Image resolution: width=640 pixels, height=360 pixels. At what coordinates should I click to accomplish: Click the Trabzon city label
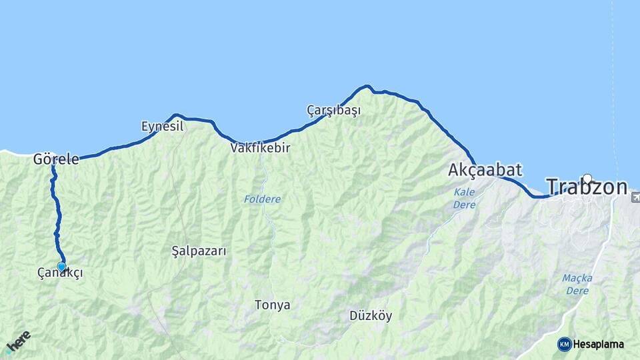(x=587, y=187)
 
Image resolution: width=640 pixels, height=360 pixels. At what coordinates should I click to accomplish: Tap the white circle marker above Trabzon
(x=587, y=178)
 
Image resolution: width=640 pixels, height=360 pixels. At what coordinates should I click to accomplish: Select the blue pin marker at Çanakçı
(x=61, y=267)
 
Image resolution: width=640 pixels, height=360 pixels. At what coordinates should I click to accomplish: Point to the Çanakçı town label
(x=61, y=273)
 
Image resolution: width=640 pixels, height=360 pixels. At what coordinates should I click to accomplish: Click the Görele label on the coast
(x=56, y=159)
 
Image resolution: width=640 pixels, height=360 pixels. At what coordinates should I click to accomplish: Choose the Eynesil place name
(x=162, y=126)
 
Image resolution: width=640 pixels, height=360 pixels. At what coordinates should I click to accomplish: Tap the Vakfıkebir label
(x=260, y=148)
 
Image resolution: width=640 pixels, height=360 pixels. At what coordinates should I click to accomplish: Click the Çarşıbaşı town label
(x=333, y=110)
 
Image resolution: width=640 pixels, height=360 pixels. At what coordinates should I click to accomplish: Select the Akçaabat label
(x=485, y=170)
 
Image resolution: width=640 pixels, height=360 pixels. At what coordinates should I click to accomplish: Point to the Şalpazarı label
(x=199, y=251)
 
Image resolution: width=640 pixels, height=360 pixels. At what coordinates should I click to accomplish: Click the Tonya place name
(x=272, y=305)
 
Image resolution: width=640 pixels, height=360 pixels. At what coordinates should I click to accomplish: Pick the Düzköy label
(x=371, y=315)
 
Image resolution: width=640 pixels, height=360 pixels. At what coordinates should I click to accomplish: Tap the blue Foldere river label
(x=262, y=199)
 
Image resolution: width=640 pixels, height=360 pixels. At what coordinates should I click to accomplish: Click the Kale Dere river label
(x=464, y=198)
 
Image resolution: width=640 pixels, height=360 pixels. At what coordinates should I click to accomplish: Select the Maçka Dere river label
(x=577, y=284)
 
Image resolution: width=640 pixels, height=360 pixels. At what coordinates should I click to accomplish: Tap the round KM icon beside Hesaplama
(x=565, y=344)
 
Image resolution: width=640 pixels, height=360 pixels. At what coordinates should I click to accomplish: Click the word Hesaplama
(x=598, y=344)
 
